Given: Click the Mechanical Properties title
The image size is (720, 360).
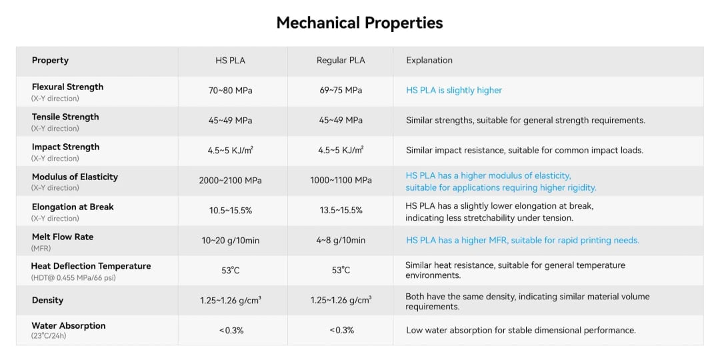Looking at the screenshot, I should (x=359, y=23).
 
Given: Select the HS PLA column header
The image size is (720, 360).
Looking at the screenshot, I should (x=230, y=61).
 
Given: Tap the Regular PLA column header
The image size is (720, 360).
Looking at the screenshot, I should (x=341, y=61).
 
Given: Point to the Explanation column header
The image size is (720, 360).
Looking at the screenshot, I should (x=429, y=61).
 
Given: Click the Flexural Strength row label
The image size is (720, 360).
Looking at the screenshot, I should (x=67, y=87).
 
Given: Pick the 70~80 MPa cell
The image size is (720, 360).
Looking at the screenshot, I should (x=230, y=91).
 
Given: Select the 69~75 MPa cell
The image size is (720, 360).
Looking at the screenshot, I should (x=341, y=91).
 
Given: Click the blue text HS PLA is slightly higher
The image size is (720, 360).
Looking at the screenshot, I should (x=454, y=91).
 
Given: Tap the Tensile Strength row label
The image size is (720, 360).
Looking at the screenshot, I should (x=65, y=117).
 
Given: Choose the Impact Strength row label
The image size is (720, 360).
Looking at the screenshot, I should (x=65, y=147).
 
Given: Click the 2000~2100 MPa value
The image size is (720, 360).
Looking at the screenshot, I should (x=230, y=181).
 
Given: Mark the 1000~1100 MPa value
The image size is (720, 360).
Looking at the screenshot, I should (x=341, y=181).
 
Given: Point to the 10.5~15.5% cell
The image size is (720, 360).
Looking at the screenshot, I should (x=230, y=211).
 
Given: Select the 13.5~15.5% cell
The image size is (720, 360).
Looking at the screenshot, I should (x=341, y=211).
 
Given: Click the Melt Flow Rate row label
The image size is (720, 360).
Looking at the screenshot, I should (x=63, y=237).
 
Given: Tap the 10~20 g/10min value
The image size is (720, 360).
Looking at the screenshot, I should (x=230, y=241).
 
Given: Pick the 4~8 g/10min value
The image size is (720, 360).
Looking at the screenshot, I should (x=341, y=241).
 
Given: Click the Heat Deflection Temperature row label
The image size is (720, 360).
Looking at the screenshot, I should (x=91, y=267).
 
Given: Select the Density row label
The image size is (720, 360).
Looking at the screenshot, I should (x=47, y=301).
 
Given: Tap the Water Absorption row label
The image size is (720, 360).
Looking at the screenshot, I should (x=69, y=326).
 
